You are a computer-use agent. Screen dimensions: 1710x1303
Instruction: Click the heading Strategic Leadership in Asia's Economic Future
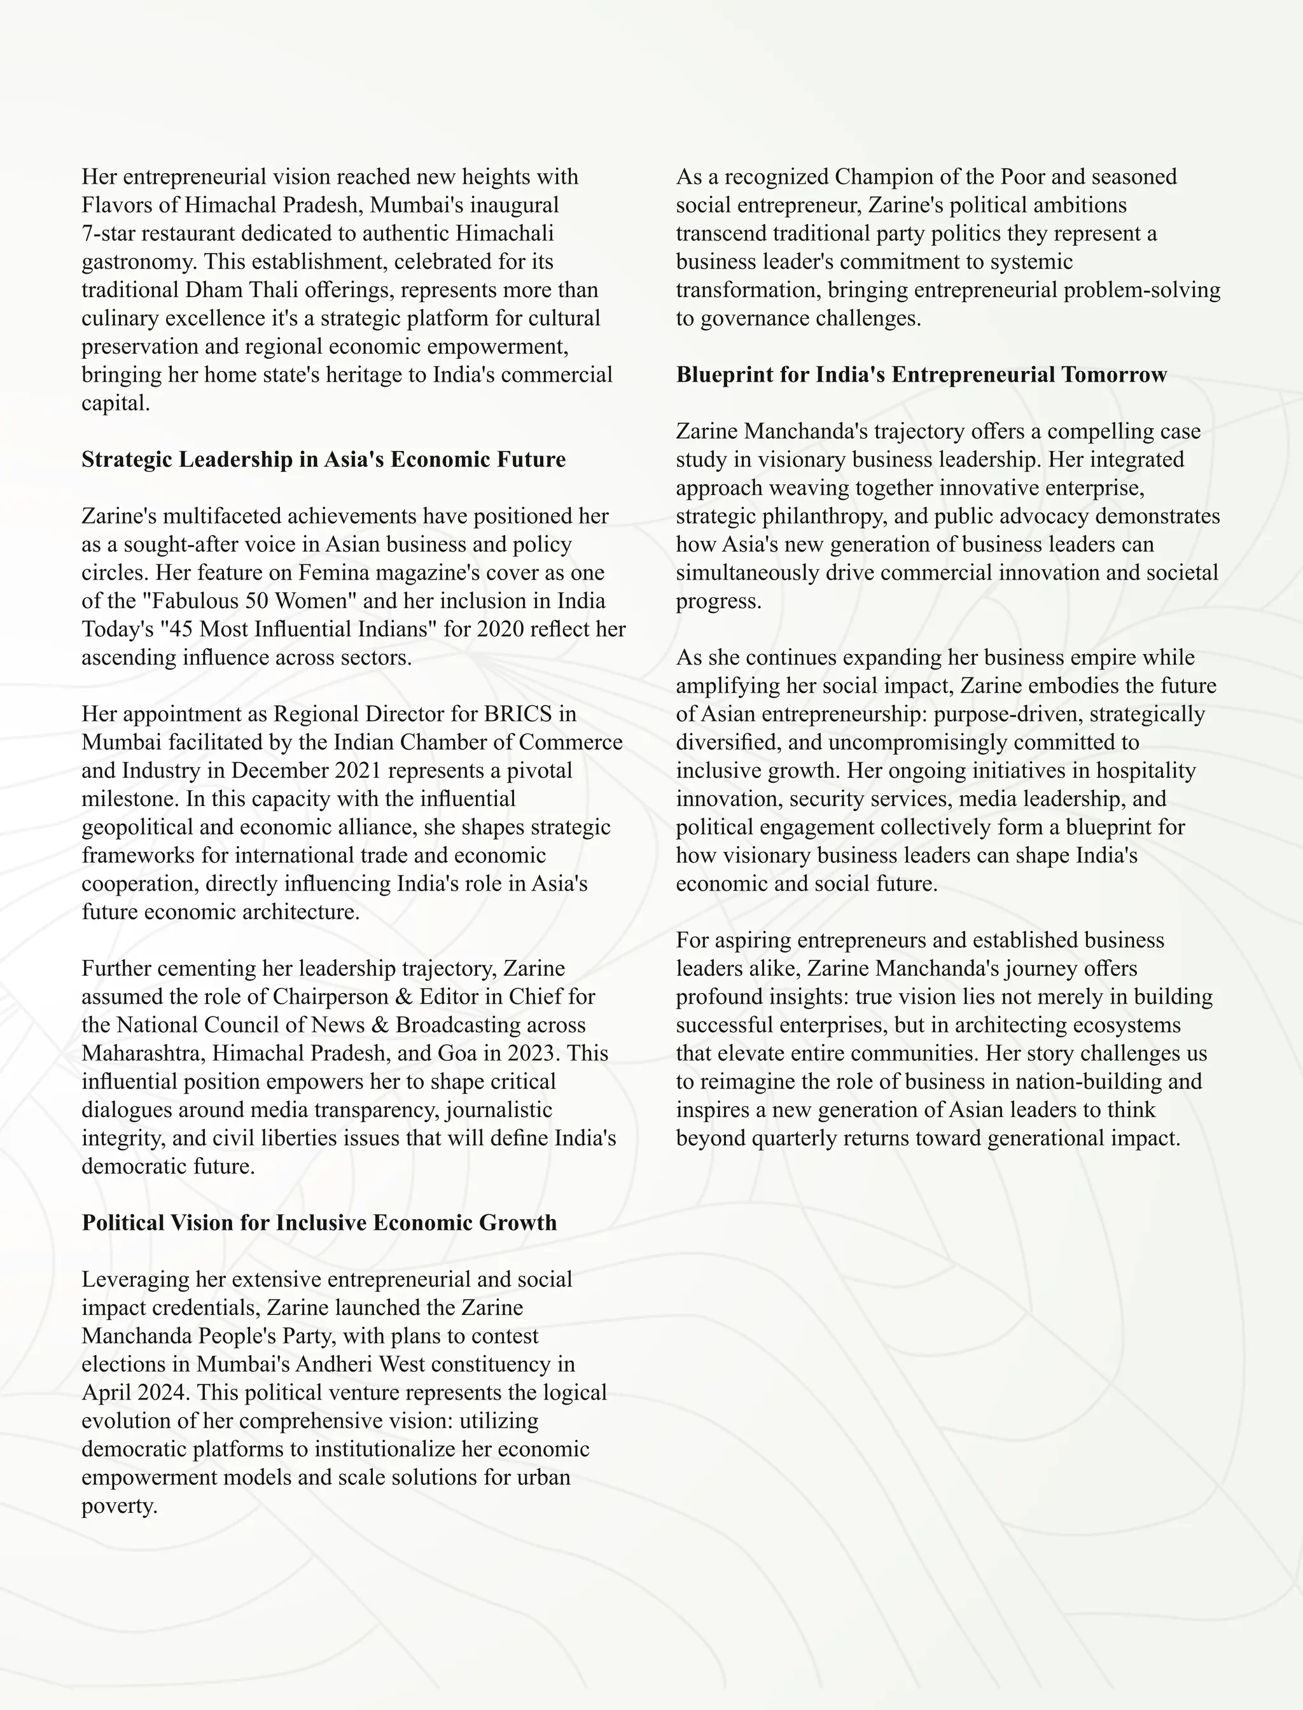323,459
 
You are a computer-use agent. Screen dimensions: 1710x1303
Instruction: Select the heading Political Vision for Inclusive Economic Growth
319,1222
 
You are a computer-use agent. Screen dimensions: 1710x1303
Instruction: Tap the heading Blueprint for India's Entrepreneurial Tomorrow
921,375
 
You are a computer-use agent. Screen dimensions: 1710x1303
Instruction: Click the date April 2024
135,1392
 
